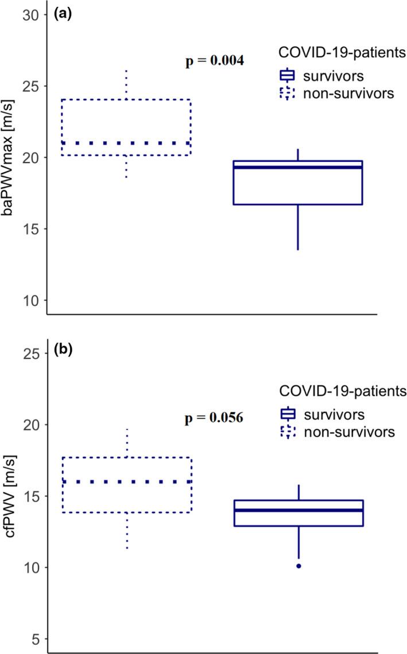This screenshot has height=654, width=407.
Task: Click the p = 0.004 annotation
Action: pos(215,61)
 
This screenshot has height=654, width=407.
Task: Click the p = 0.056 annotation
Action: pos(214,417)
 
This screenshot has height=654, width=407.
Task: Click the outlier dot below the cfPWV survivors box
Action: pos(299,566)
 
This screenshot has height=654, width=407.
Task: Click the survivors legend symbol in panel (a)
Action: pos(286,75)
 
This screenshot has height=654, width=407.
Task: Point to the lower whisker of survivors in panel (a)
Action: pos(298,227)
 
